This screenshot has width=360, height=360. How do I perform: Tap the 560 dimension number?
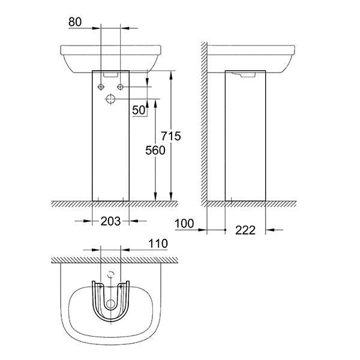pos(155,151)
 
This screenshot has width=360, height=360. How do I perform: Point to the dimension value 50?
pos(139,109)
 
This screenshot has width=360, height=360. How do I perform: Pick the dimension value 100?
pos(185,224)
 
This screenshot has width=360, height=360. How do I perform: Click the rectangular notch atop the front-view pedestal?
pos(110,74)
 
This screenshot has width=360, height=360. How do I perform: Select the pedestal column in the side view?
pos(246,138)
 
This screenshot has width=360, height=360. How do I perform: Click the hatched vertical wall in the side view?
pos(203,120)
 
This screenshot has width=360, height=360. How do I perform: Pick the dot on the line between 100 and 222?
pos(224,230)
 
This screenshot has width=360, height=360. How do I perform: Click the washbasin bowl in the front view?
pos(110,57)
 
